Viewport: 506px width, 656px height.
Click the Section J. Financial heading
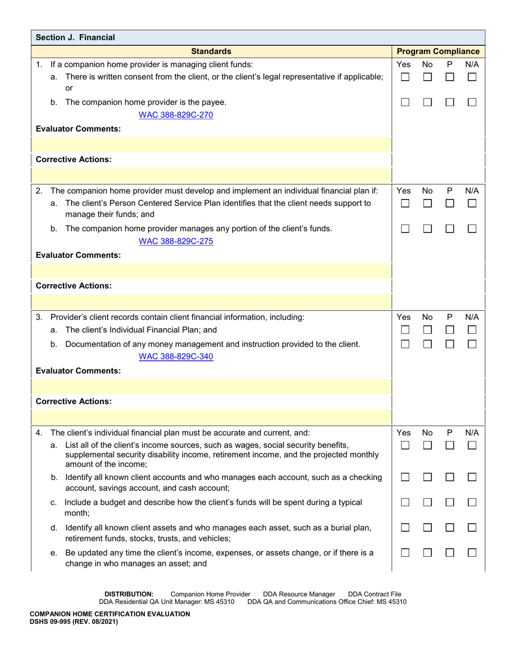(x=75, y=37)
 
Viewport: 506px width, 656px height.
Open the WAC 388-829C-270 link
(x=176, y=115)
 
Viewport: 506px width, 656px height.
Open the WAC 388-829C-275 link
(x=176, y=241)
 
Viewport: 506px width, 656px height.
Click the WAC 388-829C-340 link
(x=176, y=357)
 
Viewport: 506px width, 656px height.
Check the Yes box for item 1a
(x=405, y=77)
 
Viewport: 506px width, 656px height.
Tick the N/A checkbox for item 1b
(x=471, y=102)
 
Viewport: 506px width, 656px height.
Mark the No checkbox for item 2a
(x=427, y=204)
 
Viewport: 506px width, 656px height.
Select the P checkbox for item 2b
(x=450, y=229)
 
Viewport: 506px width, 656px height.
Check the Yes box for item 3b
(x=405, y=345)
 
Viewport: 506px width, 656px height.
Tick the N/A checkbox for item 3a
(x=471, y=330)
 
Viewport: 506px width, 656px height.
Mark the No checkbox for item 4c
(x=427, y=502)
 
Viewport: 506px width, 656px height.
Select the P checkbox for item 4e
(x=450, y=553)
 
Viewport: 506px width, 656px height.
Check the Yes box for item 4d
(x=405, y=528)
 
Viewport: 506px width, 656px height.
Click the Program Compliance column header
(x=438, y=51)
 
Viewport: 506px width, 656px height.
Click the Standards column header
(x=211, y=51)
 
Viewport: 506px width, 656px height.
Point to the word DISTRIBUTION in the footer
(x=129, y=594)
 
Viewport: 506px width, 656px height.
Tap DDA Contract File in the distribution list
(x=374, y=594)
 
